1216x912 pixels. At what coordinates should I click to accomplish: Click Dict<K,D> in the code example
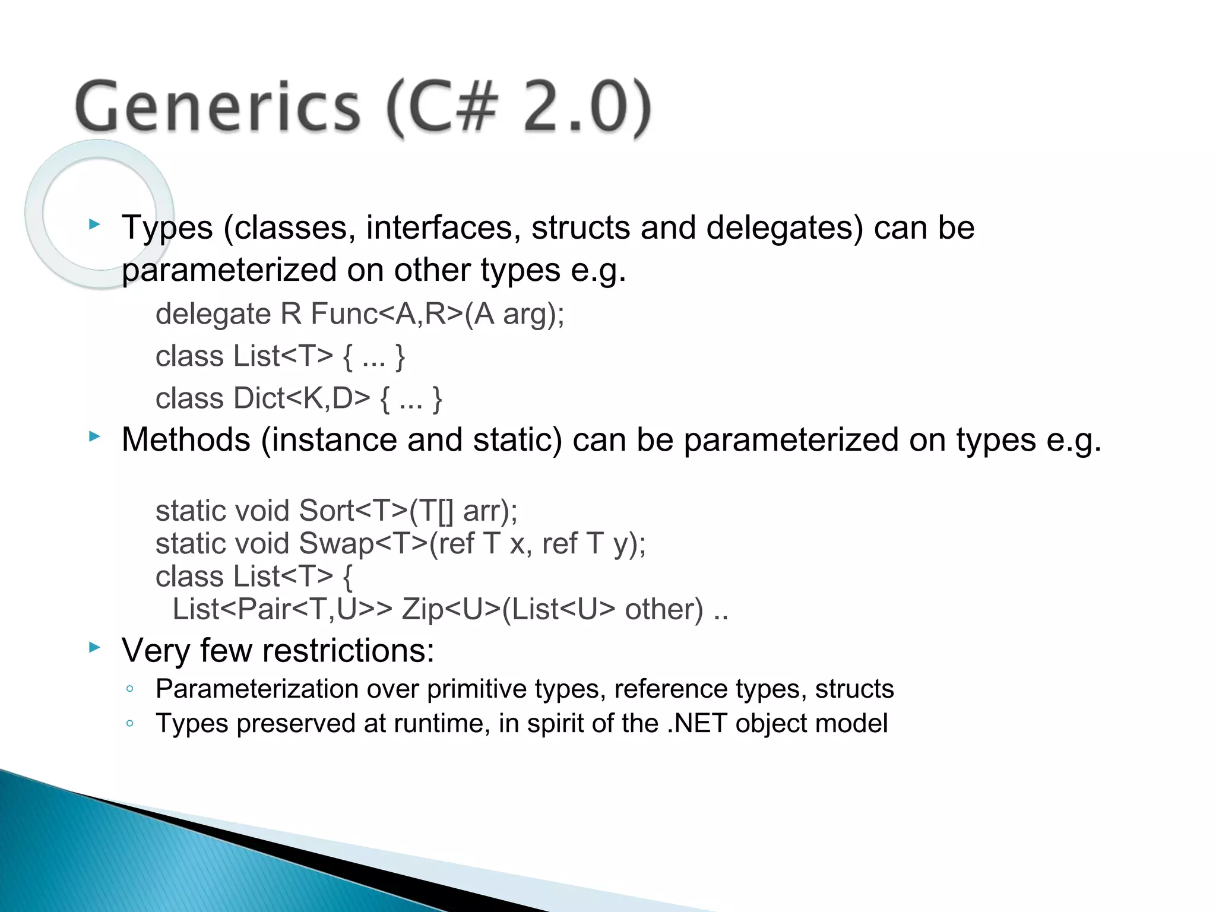coord(302,398)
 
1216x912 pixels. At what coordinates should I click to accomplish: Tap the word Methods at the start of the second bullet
coord(186,440)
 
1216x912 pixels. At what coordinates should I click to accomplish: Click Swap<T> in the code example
coord(363,543)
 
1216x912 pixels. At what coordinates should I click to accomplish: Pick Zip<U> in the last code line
coord(451,609)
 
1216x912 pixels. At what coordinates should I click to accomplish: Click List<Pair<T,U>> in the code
coord(282,609)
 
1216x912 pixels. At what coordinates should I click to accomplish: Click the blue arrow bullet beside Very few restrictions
coord(94,647)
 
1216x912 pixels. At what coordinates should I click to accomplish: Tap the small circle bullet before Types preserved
coord(129,723)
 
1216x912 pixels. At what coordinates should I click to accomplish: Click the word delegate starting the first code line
coord(213,313)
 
